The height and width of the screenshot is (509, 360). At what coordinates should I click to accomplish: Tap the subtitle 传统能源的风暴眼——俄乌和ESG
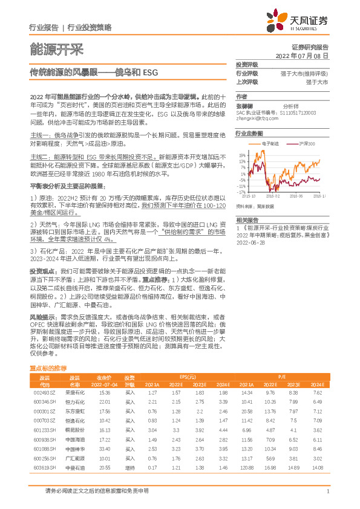point(94,72)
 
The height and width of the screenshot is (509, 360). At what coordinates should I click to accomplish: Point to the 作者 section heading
point(242,96)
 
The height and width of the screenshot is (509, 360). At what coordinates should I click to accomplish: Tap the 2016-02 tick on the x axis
point(273,196)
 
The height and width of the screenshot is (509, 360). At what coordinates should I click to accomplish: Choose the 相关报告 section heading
point(247,220)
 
